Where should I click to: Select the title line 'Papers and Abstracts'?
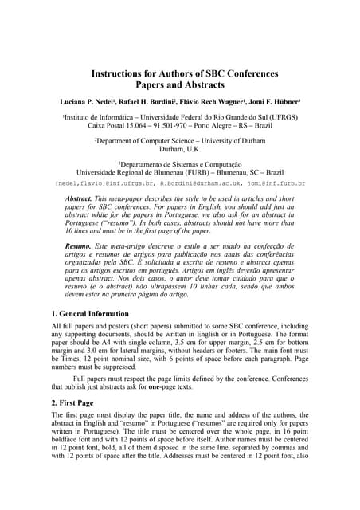180,85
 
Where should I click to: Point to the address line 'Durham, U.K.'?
180,150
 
